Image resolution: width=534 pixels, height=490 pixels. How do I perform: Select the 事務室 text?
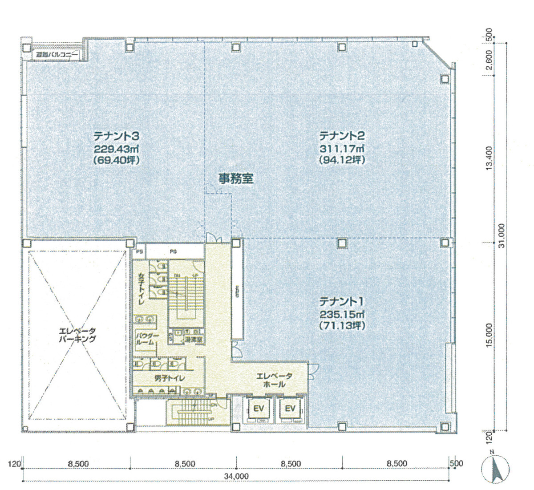235,178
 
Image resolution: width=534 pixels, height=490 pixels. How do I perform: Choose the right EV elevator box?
290,409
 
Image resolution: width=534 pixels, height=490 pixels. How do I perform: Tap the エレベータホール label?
274,380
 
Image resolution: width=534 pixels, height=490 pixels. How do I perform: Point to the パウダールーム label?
145,339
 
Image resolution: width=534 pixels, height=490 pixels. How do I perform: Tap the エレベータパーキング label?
78,335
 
